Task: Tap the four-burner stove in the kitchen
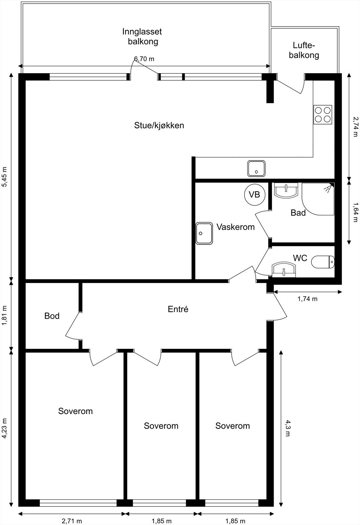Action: pyautogui.click(x=323, y=115)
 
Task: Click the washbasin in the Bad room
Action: pyautogui.click(x=286, y=191)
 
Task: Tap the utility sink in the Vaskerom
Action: pyautogui.click(x=204, y=233)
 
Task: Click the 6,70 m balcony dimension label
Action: pyautogui.click(x=144, y=59)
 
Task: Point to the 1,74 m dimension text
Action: pyautogui.click(x=307, y=299)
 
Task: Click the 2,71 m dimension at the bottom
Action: pyautogui.click(x=72, y=521)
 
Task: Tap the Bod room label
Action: pyautogui.click(x=52, y=316)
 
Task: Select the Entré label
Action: pyautogui.click(x=178, y=309)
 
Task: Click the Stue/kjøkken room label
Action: pyautogui.click(x=159, y=125)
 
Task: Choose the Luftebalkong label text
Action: pyautogui.click(x=304, y=50)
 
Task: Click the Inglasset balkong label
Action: pyautogui.click(x=142, y=36)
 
